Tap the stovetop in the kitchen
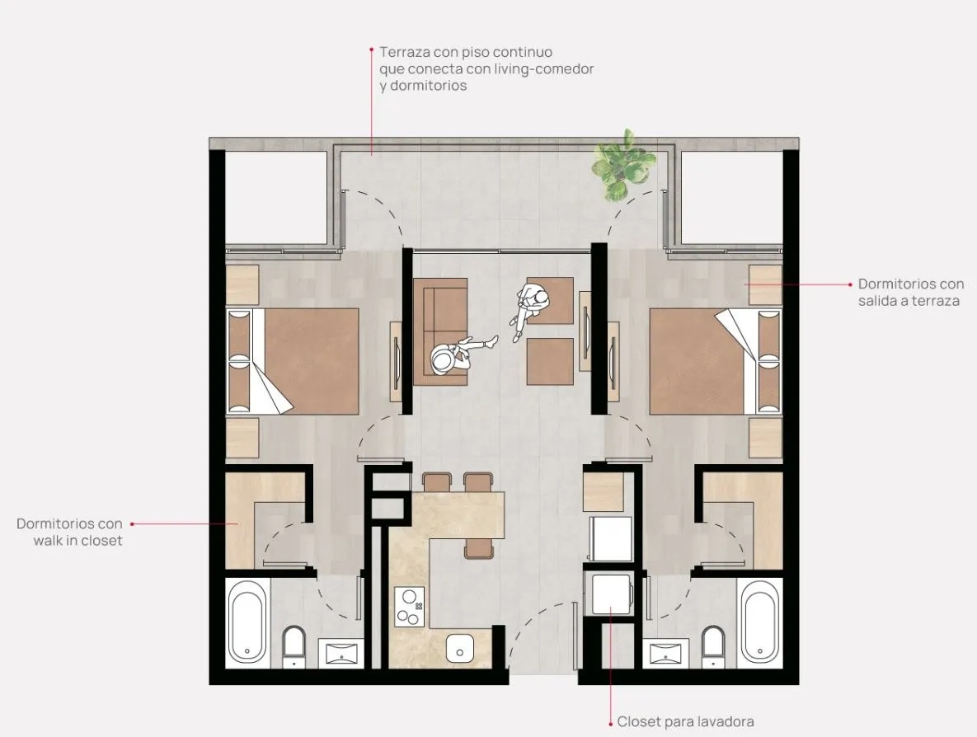[x=410, y=606]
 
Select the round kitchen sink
[x=460, y=647]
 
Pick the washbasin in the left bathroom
[x=341, y=653]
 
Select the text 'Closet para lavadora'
[x=685, y=721]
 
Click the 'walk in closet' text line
[x=78, y=540]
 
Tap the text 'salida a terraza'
[x=909, y=301]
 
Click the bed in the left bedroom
[x=293, y=361]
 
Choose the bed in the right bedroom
[x=716, y=361]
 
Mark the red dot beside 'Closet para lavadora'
[x=611, y=723]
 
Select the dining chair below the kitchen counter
[x=478, y=548]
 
